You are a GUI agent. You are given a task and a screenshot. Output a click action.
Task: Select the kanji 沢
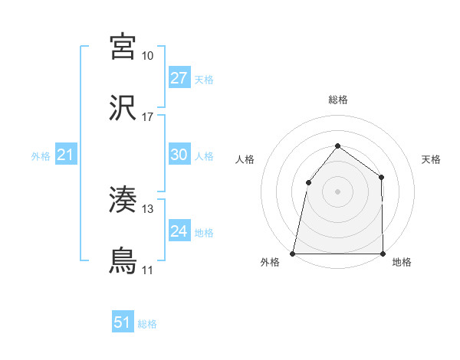123,107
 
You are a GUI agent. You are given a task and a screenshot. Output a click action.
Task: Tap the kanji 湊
123,200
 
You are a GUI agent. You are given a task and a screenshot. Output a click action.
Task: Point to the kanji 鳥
123,261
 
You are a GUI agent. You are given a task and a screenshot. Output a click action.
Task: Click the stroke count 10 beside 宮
148,56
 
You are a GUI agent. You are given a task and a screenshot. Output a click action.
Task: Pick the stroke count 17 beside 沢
148,117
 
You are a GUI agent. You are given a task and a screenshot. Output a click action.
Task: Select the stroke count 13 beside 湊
148,209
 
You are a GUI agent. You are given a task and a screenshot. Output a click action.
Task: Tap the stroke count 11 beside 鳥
148,270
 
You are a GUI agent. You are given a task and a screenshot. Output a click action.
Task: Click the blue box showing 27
179,78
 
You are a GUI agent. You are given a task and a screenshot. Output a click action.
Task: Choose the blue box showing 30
179,155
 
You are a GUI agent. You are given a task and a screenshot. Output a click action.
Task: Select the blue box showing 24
179,231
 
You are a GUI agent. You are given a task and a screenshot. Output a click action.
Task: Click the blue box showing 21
66,155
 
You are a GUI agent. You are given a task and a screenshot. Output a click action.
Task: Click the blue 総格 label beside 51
147,324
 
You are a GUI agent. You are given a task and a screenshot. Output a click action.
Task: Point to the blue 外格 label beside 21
41,156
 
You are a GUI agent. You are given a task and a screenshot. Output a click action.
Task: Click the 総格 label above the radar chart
337,100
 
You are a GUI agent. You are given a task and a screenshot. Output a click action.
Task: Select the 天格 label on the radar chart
431,159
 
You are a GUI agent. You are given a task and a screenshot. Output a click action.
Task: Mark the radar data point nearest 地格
383,254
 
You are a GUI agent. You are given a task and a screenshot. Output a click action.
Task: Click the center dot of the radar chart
337,191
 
